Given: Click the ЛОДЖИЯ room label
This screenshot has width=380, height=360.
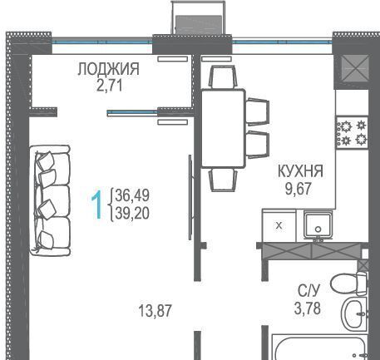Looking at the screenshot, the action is pos(108,69).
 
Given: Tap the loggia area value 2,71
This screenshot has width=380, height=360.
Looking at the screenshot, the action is pos(110,86).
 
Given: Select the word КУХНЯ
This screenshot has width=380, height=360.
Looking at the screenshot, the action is pos(300,171).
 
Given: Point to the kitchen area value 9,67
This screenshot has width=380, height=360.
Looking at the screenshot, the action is pos(299,189).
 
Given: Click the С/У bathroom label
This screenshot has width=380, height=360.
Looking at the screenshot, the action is pos(309,290).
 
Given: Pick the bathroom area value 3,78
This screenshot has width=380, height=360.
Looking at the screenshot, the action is pos(308,308).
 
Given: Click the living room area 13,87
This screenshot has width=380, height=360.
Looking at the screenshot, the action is pos(155,310).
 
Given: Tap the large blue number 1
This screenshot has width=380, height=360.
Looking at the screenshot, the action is pos(97,205).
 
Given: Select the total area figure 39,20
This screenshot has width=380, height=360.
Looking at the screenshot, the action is pos(132,214).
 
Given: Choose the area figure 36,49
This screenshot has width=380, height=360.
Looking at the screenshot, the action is pos(132,195).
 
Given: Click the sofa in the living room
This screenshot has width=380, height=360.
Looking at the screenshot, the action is pos(50,200).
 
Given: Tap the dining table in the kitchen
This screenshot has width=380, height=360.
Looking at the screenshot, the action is pos(223,128).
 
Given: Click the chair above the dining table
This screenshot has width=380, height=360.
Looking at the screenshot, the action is pos(223,76).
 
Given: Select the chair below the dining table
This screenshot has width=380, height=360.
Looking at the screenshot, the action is pos(223,180).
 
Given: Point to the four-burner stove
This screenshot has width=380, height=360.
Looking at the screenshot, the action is pos(352,132).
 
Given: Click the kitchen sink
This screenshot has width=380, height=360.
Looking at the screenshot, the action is pos(318,224).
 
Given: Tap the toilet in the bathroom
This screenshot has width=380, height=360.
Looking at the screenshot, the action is pos(349,284).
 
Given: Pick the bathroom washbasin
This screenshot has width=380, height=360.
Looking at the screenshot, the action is pos(355,314).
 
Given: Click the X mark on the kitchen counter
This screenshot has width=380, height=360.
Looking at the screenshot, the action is pos(279,226).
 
